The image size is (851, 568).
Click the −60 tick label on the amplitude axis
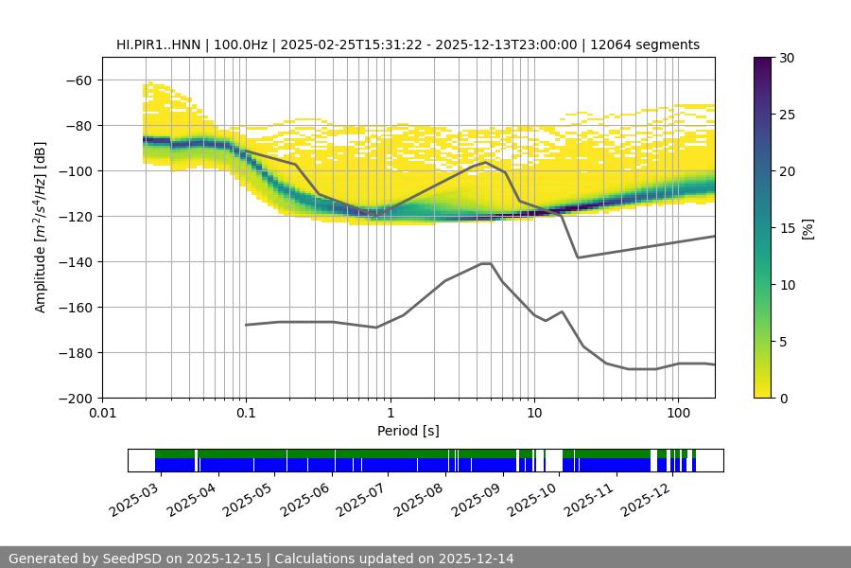tap(78, 80)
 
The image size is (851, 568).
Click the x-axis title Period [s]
tap(408, 431)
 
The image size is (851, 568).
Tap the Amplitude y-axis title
tap(41, 227)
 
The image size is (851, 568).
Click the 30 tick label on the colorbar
tap(787, 58)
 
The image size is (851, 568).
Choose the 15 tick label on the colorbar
tap(787, 228)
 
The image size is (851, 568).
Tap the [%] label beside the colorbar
tap(808, 228)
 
